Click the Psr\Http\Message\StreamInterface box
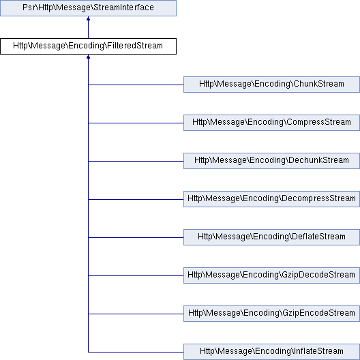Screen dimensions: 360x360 (88, 8)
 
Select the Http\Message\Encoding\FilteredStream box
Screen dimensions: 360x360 (88, 46)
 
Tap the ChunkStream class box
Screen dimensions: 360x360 (271, 85)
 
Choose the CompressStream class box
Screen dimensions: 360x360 (271, 123)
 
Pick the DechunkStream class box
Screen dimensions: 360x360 (271, 161)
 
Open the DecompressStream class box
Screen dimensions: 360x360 (271, 199)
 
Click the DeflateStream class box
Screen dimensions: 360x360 (271, 237)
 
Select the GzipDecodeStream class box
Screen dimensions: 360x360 (271, 275)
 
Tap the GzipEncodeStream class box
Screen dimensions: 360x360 (271, 314)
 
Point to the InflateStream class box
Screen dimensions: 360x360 (271, 352)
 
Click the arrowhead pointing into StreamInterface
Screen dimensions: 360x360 (88, 20)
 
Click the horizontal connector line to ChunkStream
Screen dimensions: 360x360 (136, 85)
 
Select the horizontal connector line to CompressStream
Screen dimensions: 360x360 (136, 123)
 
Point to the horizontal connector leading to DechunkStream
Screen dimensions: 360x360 (136, 161)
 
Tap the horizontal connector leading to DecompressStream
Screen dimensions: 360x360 (136, 199)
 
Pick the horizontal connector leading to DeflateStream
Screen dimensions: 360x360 (136, 237)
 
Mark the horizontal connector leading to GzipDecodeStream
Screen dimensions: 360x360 (136, 275)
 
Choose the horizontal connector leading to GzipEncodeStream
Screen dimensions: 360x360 (136, 314)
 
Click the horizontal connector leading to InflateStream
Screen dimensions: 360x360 (136, 352)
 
